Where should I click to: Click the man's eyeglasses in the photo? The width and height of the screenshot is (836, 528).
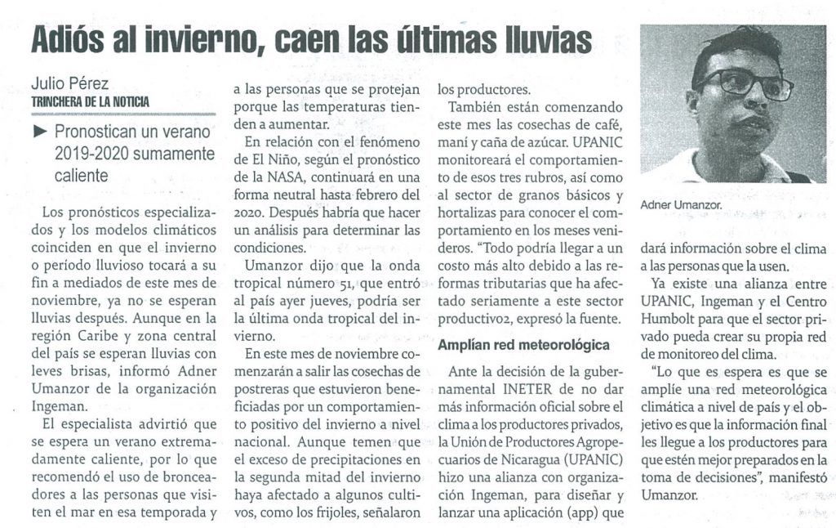[741, 83]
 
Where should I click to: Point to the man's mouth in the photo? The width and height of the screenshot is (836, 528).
[747, 123]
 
